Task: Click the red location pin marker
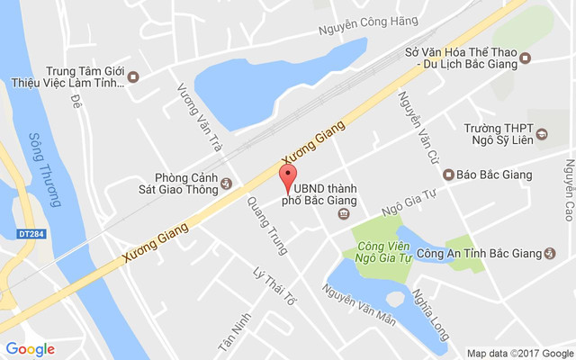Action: (288, 177)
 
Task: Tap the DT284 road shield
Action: (31, 234)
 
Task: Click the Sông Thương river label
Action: (40, 167)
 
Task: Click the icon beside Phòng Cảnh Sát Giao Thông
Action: (226, 183)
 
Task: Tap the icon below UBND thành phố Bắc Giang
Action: (343, 213)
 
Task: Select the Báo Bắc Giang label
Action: (494, 175)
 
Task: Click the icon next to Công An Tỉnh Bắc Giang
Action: (551, 253)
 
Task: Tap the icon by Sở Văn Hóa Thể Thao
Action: (526, 59)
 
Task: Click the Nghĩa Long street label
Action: (427, 311)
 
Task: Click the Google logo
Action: (30, 349)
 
